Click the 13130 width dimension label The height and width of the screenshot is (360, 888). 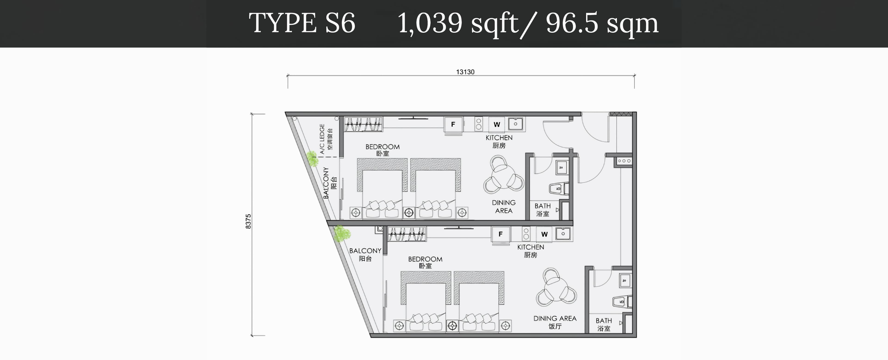click(x=465, y=72)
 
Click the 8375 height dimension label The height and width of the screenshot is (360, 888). click(x=248, y=221)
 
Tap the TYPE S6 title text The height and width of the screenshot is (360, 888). click(x=302, y=23)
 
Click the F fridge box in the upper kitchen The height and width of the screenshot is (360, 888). click(x=453, y=124)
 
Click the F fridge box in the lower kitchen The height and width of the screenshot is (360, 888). click(x=500, y=234)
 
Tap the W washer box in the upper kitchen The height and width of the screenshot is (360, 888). click(x=497, y=124)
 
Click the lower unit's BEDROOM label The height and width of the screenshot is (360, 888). click(x=425, y=259)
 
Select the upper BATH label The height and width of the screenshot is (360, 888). click(x=543, y=206)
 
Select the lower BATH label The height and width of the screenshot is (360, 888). click(x=604, y=321)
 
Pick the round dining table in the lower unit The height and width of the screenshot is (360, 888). click(x=556, y=287)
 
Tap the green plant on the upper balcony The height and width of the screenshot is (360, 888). click(x=312, y=159)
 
